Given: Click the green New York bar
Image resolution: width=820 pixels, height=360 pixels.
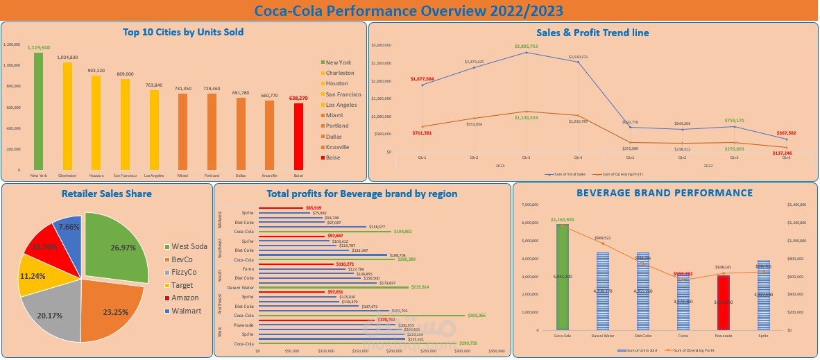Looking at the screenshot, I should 38,111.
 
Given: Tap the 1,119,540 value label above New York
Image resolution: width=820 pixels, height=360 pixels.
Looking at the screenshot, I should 38,47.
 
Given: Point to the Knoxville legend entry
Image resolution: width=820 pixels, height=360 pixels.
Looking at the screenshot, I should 338,147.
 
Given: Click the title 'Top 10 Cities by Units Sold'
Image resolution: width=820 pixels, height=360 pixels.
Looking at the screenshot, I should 183,32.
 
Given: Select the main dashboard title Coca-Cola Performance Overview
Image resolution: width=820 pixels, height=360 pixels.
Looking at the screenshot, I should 409,10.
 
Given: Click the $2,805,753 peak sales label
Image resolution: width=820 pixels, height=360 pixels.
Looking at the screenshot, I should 526,46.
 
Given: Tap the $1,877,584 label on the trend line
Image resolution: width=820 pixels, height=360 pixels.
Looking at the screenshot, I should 422,79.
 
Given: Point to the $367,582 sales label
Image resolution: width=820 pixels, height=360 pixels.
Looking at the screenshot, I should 786,132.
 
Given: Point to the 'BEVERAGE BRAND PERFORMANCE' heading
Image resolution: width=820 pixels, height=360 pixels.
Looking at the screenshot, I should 665,193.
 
